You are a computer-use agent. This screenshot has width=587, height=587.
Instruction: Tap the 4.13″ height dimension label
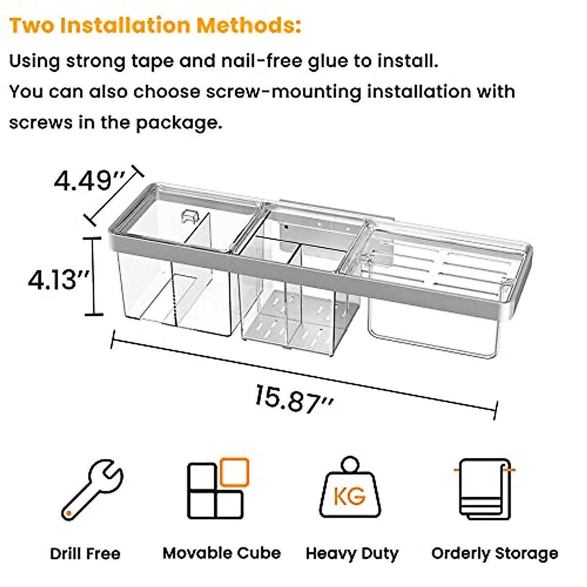click(x=59, y=280)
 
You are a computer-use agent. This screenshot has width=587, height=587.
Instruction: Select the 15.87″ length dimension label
click(x=294, y=398)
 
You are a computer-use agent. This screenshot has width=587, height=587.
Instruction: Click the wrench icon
click(x=91, y=489)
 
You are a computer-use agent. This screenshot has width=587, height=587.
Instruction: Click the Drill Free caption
click(x=85, y=554)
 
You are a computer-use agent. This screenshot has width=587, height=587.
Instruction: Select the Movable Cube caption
click(x=222, y=553)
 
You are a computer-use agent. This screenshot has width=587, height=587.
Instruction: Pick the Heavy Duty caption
click(x=352, y=554)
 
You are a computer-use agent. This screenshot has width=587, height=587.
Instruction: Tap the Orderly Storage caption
click(x=495, y=553)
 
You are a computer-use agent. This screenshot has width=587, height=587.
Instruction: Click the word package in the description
click(x=179, y=122)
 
